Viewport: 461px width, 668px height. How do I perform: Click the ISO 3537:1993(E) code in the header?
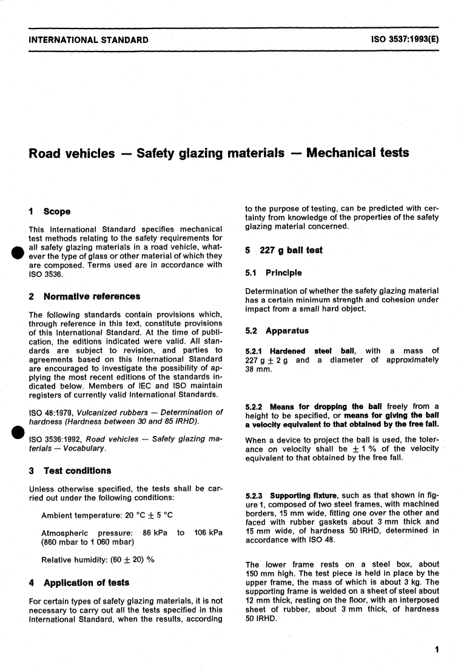(x=405, y=40)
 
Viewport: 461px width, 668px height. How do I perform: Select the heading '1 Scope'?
(x=50, y=212)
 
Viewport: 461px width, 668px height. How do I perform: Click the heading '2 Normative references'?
(x=84, y=296)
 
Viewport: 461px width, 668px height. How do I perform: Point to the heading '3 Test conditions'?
(x=70, y=470)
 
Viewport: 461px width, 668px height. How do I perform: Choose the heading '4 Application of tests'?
(x=79, y=583)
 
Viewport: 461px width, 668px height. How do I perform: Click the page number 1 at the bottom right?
(x=437, y=650)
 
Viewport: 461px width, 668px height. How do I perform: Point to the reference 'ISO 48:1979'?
(x=52, y=412)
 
